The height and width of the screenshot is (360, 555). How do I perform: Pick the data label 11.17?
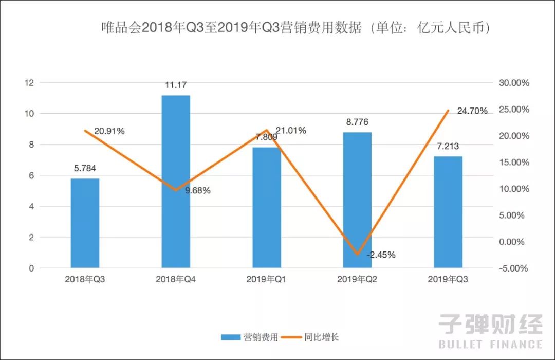tap(176, 85)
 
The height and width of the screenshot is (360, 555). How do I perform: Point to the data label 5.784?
tap(85, 168)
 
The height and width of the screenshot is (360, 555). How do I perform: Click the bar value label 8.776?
tap(357, 122)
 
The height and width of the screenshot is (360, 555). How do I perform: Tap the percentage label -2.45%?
tap(381, 255)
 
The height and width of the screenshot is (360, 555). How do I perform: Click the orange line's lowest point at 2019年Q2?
tap(357, 254)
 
